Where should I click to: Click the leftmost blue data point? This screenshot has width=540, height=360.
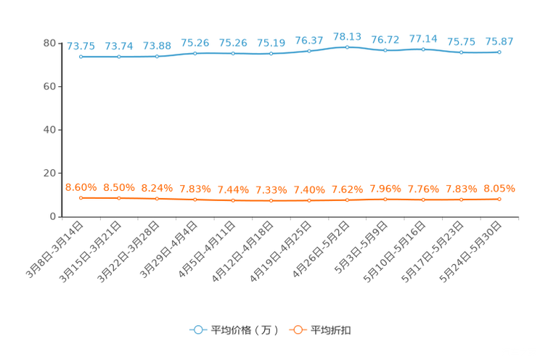click(81, 57)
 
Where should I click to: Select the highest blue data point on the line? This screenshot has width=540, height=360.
click(347, 46)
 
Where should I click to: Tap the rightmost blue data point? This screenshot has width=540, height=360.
click(499, 52)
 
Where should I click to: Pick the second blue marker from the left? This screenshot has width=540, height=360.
click(119, 57)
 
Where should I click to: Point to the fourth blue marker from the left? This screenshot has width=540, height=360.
click(195, 53)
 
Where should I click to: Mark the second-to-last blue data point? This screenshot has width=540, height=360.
click(462, 53)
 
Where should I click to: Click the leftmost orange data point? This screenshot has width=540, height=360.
click(81, 197)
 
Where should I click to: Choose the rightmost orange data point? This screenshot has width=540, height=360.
click(499, 199)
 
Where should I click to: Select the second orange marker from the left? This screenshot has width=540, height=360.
click(119, 198)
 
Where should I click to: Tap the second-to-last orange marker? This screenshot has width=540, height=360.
click(462, 200)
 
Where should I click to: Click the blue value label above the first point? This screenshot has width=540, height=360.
click(81, 46)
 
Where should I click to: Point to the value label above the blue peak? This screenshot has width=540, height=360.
click(347, 36)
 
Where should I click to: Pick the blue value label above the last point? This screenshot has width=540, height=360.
click(499, 41)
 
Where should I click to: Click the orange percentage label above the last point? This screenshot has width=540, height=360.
click(499, 189)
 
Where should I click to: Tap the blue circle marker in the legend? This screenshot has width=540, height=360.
click(197, 330)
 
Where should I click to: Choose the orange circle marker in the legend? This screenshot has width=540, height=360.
click(297, 330)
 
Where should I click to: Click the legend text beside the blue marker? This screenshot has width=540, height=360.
click(244, 330)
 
